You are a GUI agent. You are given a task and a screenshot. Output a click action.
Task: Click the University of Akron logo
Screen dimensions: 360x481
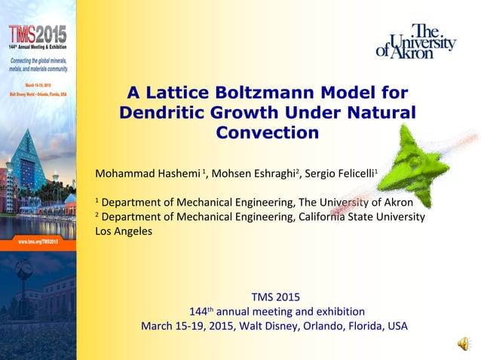coord(416,42)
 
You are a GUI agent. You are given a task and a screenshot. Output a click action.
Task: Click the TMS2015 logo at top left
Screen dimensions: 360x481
coord(37,34)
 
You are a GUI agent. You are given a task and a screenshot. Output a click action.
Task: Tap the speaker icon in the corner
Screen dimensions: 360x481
coord(461,343)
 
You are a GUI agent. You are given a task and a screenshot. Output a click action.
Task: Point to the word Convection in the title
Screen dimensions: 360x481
coord(267,133)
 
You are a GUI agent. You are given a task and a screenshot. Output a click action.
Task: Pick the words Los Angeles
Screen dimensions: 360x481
coord(124,231)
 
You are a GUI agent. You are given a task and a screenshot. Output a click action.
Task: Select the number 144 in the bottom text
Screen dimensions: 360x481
coord(198,311)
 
